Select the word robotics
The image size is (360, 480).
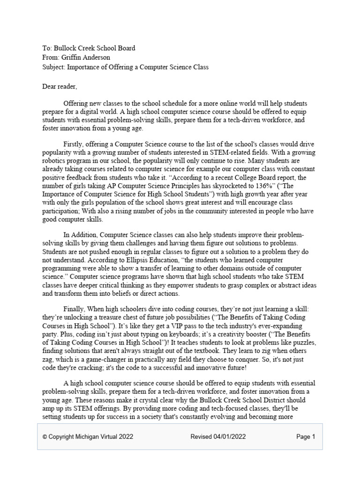click(x=54, y=160)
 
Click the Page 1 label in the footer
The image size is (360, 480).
click(x=306, y=437)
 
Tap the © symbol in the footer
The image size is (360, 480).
click(x=45, y=437)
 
